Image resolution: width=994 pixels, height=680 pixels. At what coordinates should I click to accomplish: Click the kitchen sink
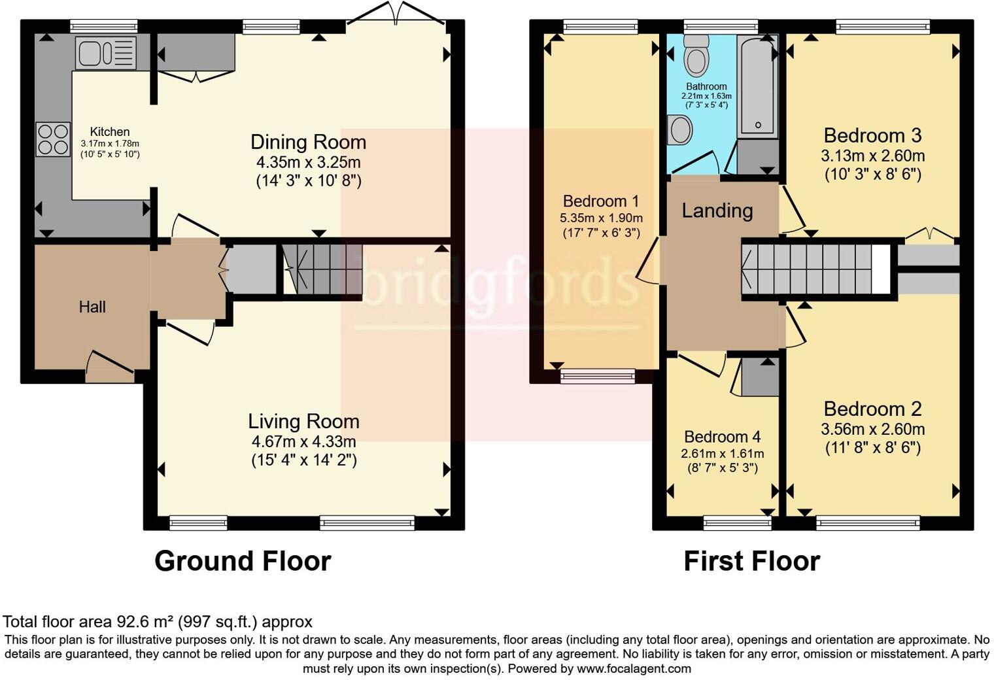[106, 53]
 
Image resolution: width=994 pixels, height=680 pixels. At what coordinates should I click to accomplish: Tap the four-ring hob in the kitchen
[53, 139]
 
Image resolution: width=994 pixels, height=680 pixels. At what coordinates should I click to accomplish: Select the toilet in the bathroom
[696, 56]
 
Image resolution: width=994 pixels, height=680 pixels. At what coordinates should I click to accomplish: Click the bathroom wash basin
[681, 129]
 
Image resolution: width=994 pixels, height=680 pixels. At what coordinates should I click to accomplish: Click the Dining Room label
[308, 142]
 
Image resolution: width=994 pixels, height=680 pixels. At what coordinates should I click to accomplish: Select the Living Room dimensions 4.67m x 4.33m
[303, 441]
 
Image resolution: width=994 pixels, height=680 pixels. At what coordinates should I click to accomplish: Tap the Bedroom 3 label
[872, 135]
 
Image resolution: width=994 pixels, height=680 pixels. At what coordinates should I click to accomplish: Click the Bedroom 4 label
[722, 436]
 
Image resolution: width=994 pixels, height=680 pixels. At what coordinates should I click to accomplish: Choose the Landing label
[717, 211]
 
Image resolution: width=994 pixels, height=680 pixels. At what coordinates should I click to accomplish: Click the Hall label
[92, 307]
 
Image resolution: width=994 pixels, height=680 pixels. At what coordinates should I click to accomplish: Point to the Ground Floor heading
[243, 561]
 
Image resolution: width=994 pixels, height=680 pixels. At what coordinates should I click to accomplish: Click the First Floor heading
[751, 561]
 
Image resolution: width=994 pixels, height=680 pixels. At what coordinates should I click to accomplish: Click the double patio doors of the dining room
[396, 14]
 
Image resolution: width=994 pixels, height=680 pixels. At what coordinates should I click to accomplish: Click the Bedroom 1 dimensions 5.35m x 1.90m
[601, 218]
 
